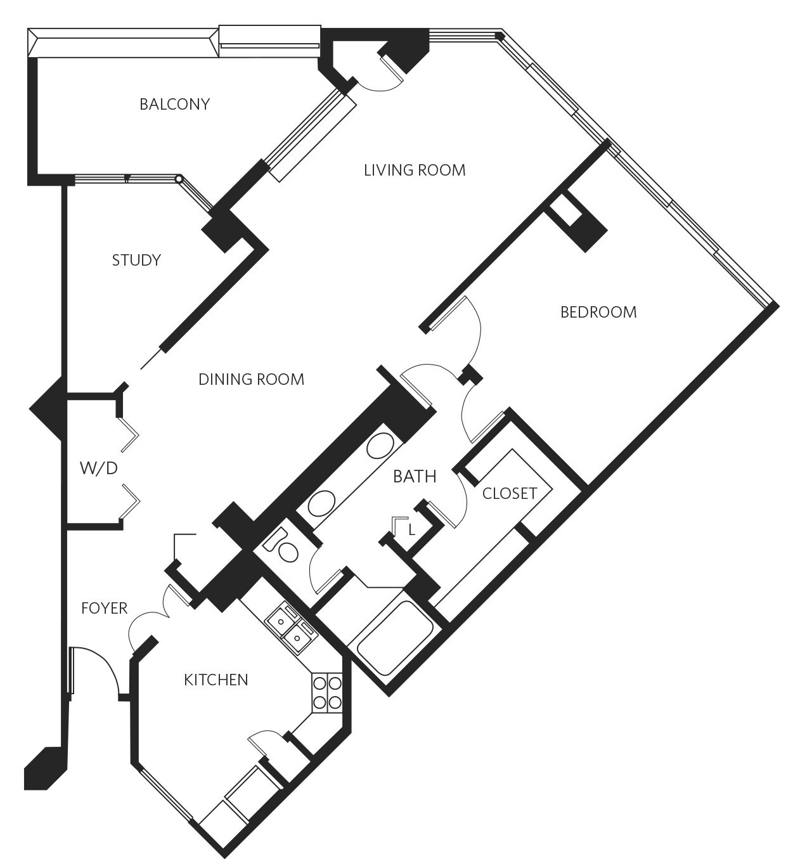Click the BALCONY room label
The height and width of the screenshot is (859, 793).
point(174,104)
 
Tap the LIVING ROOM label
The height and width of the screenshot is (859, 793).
point(415,171)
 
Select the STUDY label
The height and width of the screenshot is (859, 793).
point(136,260)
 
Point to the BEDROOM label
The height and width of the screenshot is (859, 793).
point(598,313)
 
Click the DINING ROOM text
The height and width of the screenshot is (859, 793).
point(252,379)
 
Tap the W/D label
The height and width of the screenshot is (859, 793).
point(99,468)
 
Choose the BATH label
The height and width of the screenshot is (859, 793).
point(415,477)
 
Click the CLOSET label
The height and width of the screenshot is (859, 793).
point(510,493)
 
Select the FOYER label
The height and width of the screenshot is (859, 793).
point(104,609)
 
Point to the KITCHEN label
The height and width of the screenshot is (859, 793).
point(216,680)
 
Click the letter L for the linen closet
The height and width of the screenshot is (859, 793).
point(411,530)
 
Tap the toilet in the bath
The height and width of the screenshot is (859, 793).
point(281,546)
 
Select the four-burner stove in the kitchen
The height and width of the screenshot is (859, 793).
point(328,692)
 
